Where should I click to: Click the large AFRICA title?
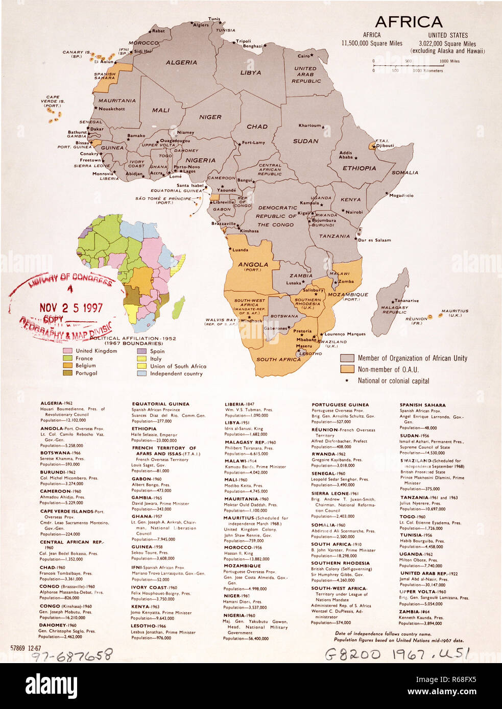pos(409,22)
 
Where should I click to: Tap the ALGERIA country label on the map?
pos(181,62)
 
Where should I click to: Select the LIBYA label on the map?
pos(251,73)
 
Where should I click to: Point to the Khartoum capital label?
pos(309,125)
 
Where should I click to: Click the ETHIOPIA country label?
pos(359,168)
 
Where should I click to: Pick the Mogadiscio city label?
pos(401,195)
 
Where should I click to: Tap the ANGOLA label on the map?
pos(253,265)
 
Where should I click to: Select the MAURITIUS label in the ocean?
pos(455,311)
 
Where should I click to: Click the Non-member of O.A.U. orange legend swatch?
pos(347,369)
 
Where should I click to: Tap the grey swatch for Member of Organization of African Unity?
pos(347,358)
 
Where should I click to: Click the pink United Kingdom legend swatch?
pos(67,351)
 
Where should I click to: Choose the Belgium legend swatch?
pos(67,366)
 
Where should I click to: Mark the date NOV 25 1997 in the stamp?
pos(71,308)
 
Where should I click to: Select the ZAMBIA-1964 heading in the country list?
pos(416,612)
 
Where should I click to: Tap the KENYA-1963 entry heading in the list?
pos(146,607)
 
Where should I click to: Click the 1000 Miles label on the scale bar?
pos(449,61)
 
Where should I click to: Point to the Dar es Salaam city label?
pos(374,240)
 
